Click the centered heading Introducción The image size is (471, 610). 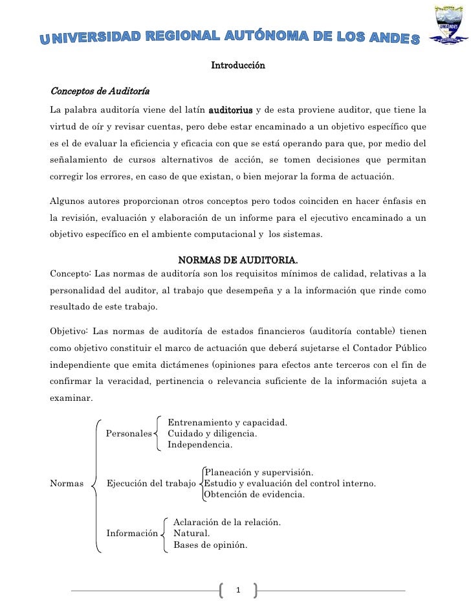coord(238,65)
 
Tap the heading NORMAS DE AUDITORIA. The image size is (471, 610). coord(237,260)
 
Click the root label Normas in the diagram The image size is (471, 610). coord(66,483)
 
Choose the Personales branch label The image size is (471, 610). coord(129,433)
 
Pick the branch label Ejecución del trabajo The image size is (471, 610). coord(151,483)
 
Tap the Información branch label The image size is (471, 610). coord(133,534)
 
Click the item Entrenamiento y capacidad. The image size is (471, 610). coord(227,423)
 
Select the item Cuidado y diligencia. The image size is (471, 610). coord(212,433)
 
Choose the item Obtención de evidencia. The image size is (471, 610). coord(254,494)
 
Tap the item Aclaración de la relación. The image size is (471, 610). coord(226,522)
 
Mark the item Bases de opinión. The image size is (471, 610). coord(210,545)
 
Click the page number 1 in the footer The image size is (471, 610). coord(239,590)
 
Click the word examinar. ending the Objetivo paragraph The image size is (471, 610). coord(71,398)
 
